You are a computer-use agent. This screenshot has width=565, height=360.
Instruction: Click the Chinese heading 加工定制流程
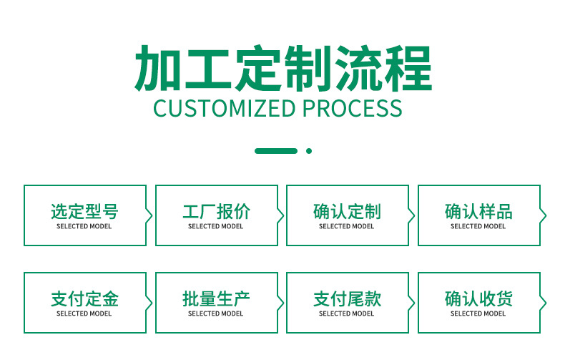(x=283, y=68)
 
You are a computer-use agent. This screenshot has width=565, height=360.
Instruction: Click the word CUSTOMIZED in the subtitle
(x=225, y=108)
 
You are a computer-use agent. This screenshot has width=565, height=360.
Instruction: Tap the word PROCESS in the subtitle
(x=352, y=108)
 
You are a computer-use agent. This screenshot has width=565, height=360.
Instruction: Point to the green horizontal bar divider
(x=276, y=151)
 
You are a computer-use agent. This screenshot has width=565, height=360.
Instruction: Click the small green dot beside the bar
(x=309, y=151)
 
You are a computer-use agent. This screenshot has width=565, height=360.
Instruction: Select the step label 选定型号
(x=84, y=211)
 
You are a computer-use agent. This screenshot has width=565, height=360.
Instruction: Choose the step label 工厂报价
(x=216, y=211)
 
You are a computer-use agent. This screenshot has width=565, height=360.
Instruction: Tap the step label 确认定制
(x=347, y=211)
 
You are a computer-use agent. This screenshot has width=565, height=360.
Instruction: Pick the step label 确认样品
(x=478, y=211)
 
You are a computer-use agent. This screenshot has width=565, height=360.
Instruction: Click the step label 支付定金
(x=84, y=298)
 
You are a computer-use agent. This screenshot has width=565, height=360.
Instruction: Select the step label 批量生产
(x=216, y=298)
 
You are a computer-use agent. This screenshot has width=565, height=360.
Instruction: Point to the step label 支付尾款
(x=347, y=298)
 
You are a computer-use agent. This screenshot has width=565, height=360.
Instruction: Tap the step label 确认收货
(x=478, y=298)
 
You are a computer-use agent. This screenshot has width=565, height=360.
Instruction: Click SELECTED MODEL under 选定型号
(x=84, y=226)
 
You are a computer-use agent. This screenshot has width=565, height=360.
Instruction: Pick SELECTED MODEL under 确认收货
(x=478, y=313)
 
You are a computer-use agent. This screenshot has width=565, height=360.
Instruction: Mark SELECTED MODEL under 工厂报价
(x=215, y=226)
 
